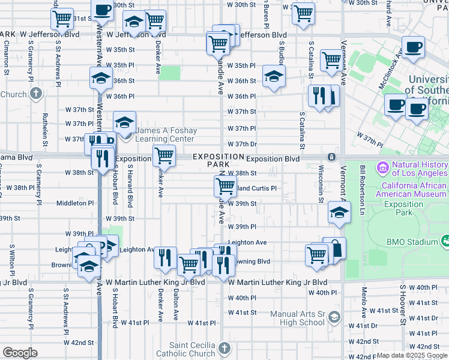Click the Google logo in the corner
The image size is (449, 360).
(x=20, y=353)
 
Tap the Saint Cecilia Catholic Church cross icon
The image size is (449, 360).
(x=224, y=349)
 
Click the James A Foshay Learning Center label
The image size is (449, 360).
(x=164, y=134)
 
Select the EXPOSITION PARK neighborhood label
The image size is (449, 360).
(x=219, y=160)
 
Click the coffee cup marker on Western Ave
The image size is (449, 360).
(x=103, y=10)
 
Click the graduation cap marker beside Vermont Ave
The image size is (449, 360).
(x=339, y=212)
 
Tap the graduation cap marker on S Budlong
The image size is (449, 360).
(x=274, y=76)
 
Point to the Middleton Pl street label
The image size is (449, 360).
(x=75, y=203)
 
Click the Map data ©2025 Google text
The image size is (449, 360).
(x=412, y=355)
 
